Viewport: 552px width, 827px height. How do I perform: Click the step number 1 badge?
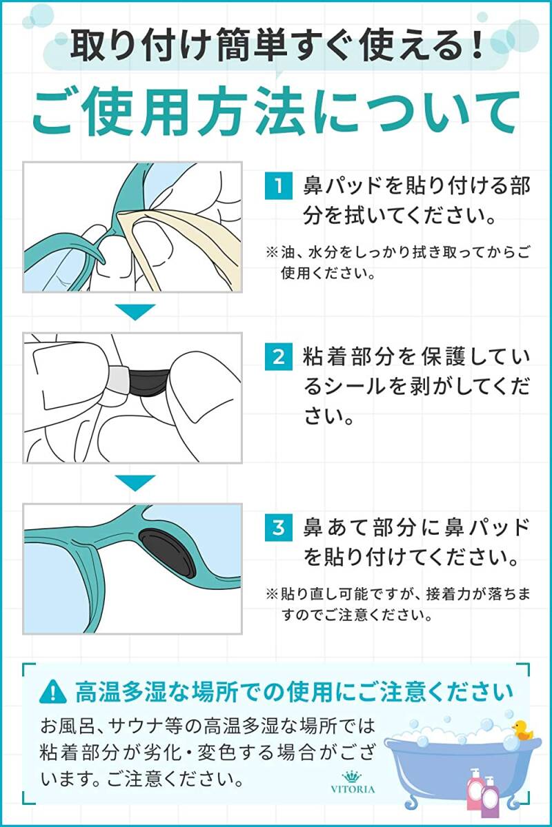279,185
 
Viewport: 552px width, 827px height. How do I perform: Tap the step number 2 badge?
279,357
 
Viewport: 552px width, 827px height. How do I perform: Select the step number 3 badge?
279,527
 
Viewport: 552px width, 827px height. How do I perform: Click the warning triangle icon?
53,692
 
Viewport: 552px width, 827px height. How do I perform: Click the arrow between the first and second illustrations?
135,312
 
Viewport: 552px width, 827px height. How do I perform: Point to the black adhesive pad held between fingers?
148,382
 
